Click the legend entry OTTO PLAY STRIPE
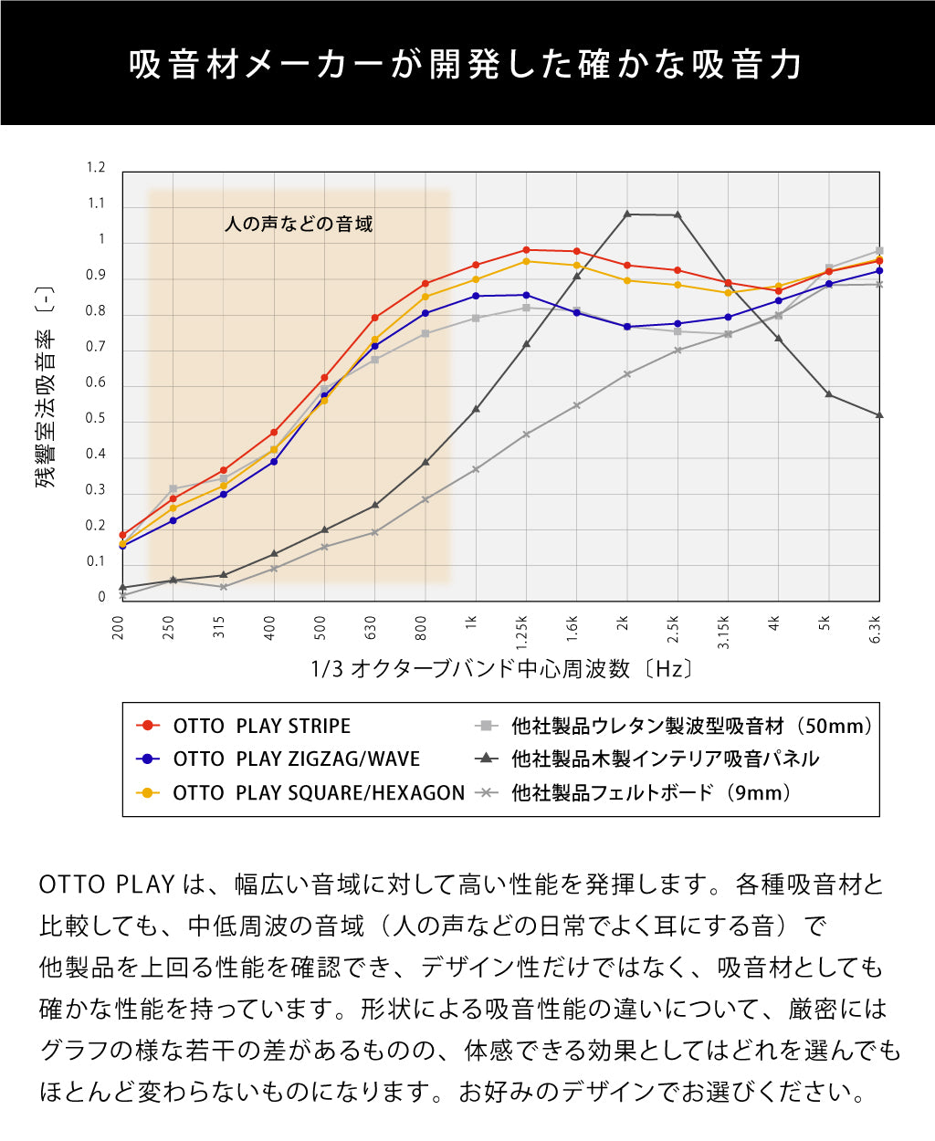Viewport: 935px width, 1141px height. [x=261, y=726]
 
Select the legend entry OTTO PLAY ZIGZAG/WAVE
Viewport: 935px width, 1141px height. [x=296, y=759]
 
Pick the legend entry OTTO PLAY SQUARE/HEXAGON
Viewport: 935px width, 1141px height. [x=318, y=792]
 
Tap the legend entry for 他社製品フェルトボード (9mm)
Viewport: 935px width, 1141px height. [x=650, y=792]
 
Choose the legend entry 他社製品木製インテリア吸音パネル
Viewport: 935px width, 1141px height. [x=665, y=759]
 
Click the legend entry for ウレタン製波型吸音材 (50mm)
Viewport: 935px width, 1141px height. [x=691, y=726]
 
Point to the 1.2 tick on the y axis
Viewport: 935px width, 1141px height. [x=96, y=168]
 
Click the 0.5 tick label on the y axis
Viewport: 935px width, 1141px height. [x=96, y=419]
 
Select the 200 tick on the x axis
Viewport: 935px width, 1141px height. [x=119, y=627]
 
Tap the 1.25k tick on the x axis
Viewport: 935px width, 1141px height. [x=522, y=631]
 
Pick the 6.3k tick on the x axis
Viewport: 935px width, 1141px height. [x=875, y=630]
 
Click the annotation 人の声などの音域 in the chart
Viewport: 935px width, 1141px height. [x=299, y=225]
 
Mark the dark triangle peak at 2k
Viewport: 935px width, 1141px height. [x=627, y=215]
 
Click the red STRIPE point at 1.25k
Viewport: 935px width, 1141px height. [x=526, y=250]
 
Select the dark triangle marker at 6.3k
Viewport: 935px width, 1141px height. [x=879, y=415]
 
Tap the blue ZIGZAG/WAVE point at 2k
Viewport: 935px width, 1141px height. [x=626, y=327]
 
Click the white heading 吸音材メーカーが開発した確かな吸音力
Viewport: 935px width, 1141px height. [x=467, y=65]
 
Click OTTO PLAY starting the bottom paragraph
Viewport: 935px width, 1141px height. [x=106, y=885]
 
